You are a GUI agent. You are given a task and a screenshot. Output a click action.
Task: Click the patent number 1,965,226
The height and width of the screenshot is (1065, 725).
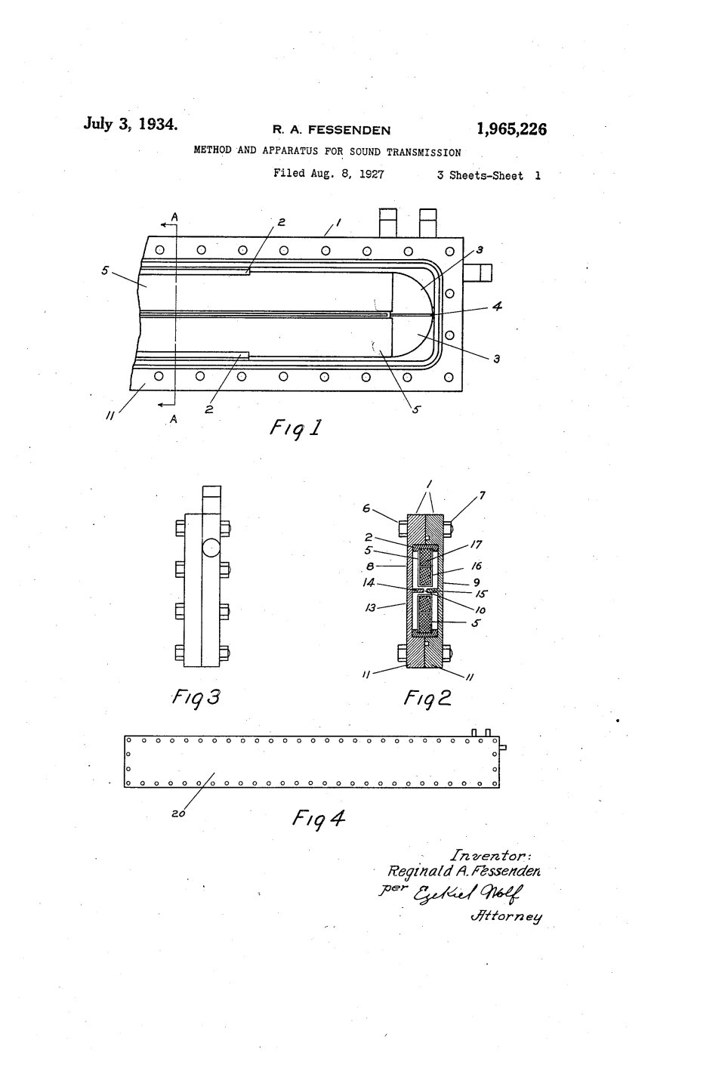point(511,129)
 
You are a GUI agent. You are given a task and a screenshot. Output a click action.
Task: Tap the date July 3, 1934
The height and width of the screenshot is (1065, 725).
point(131,124)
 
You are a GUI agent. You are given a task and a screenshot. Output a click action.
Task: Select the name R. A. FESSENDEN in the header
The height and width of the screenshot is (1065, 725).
point(332,130)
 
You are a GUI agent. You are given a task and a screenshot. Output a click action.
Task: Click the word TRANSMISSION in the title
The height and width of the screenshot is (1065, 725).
point(424,153)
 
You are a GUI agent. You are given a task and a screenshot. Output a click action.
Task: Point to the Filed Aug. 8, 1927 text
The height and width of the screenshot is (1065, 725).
point(329,174)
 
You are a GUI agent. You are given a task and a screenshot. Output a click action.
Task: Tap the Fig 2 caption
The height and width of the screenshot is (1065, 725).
point(427,699)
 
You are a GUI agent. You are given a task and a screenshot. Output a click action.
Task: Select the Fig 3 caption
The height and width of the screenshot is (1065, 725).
point(196,699)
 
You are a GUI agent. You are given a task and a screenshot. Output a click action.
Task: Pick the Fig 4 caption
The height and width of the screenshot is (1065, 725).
point(318,819)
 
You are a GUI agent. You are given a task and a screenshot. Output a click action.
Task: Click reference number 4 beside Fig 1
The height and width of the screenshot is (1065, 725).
point(497,306)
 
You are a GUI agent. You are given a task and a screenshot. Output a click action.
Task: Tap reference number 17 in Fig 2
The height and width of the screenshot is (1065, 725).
point(477,545)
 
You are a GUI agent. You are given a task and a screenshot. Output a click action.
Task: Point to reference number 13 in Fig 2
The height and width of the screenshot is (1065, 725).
point(370,607)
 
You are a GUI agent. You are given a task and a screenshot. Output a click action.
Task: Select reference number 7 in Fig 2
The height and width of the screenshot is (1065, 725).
point(482,496)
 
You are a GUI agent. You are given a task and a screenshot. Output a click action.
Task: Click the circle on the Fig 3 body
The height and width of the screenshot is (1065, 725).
point(211,548)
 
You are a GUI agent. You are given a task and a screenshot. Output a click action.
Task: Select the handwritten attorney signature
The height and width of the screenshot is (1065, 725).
point(467,894)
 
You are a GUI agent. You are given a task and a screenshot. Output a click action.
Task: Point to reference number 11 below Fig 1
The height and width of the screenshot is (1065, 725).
point(110,416)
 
